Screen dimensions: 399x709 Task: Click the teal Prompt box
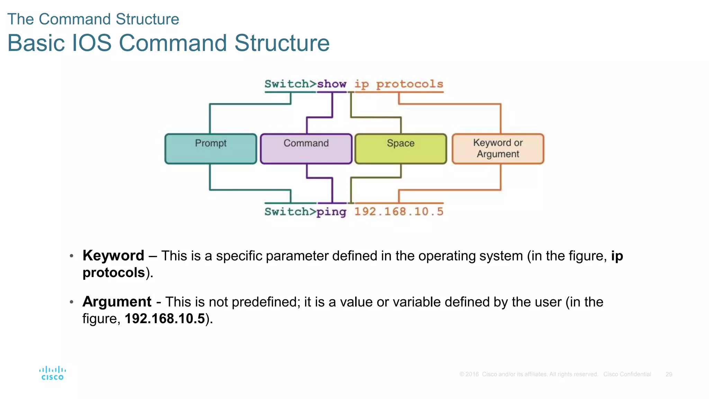(210, 149)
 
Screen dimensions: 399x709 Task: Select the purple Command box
(306, 149)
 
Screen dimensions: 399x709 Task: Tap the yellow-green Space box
(401, 149)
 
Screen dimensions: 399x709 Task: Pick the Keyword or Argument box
(498, 149)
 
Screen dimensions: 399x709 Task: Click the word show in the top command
(332, 84)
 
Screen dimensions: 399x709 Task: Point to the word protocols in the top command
(410, 84)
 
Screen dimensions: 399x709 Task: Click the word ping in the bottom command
(331, 212)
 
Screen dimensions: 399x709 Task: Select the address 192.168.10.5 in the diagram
(398, 211)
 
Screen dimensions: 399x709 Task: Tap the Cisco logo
(53, 373)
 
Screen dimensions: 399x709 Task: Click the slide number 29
(668, 374)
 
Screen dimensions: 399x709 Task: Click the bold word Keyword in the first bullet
(113, 256)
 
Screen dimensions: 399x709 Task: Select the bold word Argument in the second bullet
(117, 302)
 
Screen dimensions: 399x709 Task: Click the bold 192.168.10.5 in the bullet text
(165, 319)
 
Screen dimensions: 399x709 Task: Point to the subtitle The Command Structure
(93, 19)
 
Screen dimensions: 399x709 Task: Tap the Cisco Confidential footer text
(627, 374)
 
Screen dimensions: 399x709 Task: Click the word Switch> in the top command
(290, 84)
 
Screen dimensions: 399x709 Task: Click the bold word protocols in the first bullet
(114, 273)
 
